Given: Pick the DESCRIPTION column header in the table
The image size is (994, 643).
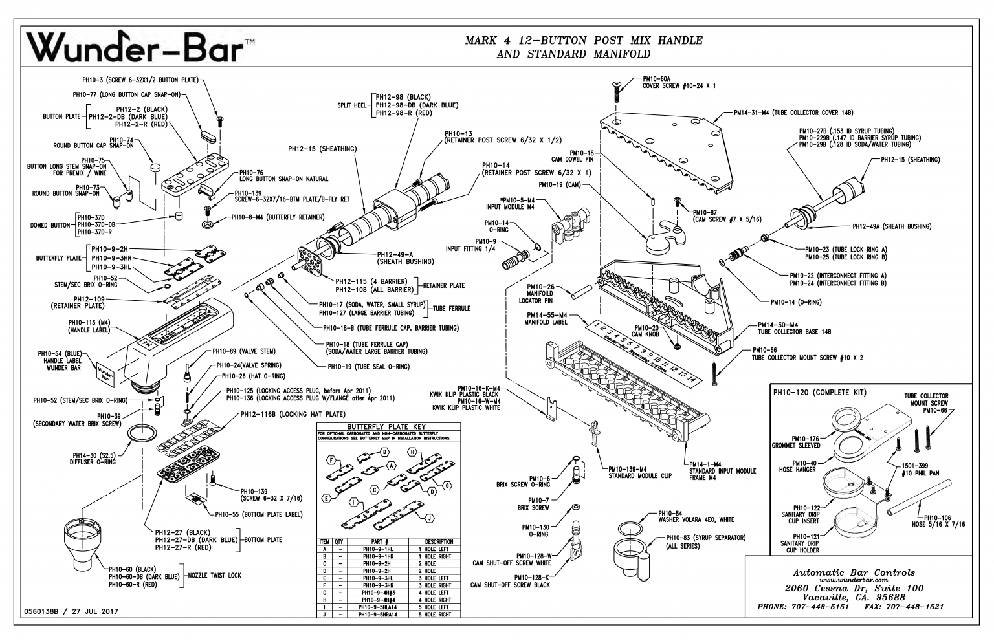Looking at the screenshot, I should pyautogui.click(x=439, y=541).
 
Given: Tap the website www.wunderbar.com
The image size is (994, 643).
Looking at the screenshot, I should pyautogui.click(x=854, y=580).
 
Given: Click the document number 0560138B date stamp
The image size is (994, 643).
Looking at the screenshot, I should pyautogui.click(x=71, y=611).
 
